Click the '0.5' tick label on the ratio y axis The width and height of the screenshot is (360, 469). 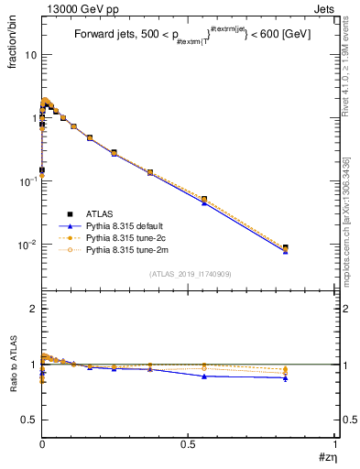[29, 419]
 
